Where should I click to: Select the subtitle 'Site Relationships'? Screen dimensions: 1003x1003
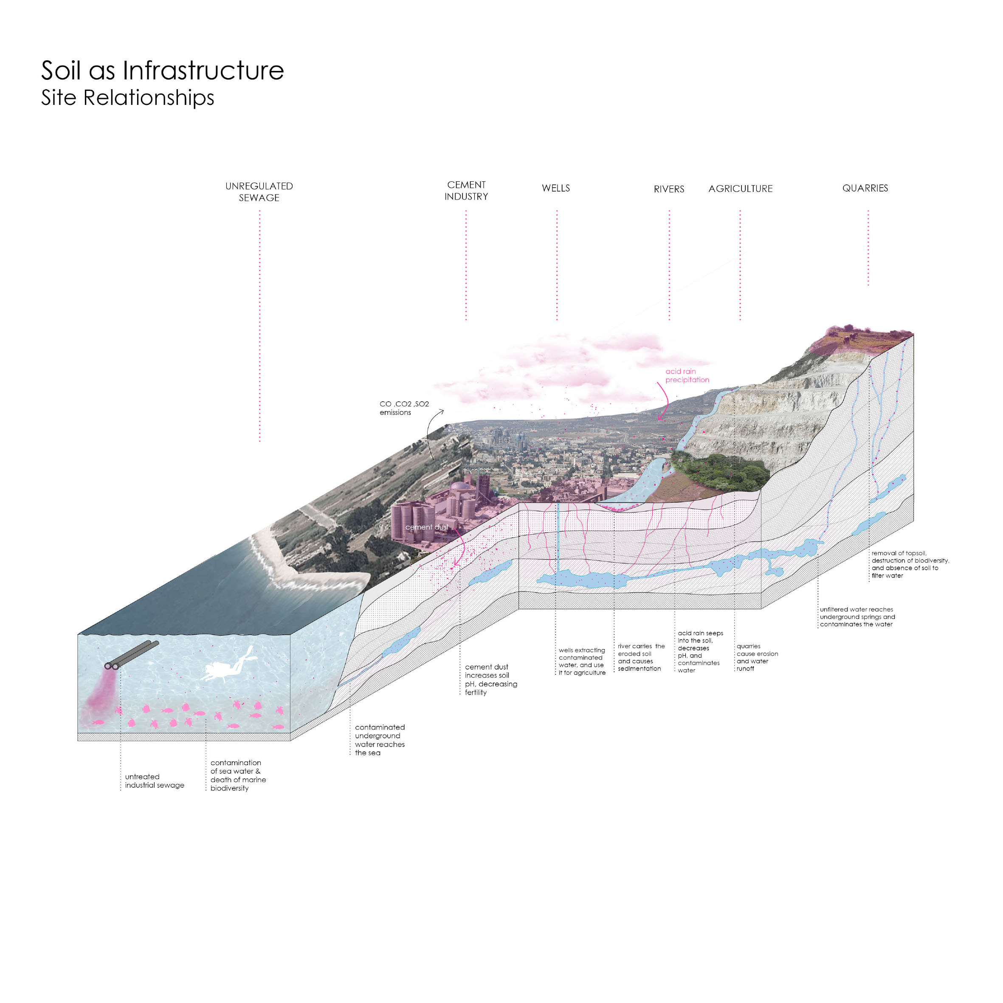pos(127,98)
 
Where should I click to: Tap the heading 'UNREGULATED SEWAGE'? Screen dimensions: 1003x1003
pos(259,192)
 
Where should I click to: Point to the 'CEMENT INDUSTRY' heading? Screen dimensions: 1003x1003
pos(466,191)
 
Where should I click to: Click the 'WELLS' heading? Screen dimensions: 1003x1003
pos(555,188)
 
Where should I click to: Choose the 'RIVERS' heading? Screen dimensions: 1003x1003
pos(669,189)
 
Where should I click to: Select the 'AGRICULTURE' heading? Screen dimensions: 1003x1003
pos(740,189)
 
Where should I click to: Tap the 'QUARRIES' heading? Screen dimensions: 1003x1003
pos(865,188)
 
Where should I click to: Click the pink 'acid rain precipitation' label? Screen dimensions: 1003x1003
pos(686,375)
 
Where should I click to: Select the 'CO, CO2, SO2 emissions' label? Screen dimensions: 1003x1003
pos(403,408)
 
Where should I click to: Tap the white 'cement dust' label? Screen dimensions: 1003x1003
pos(426,527)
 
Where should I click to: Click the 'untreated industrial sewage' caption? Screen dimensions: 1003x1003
pos(154,781)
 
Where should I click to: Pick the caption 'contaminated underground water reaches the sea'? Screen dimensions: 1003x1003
pos(380,740)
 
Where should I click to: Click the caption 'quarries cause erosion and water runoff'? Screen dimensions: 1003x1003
pos(756,657)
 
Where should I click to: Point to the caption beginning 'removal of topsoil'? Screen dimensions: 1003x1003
pos(910,564)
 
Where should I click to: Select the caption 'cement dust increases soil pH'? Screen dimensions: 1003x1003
pos(490,679)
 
